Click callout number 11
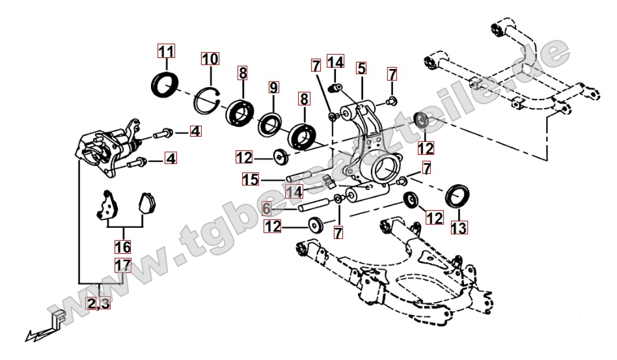[x=166, y=51]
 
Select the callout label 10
[x=210, y=60]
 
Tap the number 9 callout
[x=273, y=87]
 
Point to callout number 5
[x=361, y=68]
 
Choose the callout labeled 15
[x=251, y=178]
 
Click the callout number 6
[x=266, y=209]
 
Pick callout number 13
[x=458, y=228]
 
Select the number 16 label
[x=122, y=247]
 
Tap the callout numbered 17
[x=122, y=265]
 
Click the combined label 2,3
[x=98, y=302]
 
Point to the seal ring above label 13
[x=459, y=195]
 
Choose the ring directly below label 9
[x=268, y=125]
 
